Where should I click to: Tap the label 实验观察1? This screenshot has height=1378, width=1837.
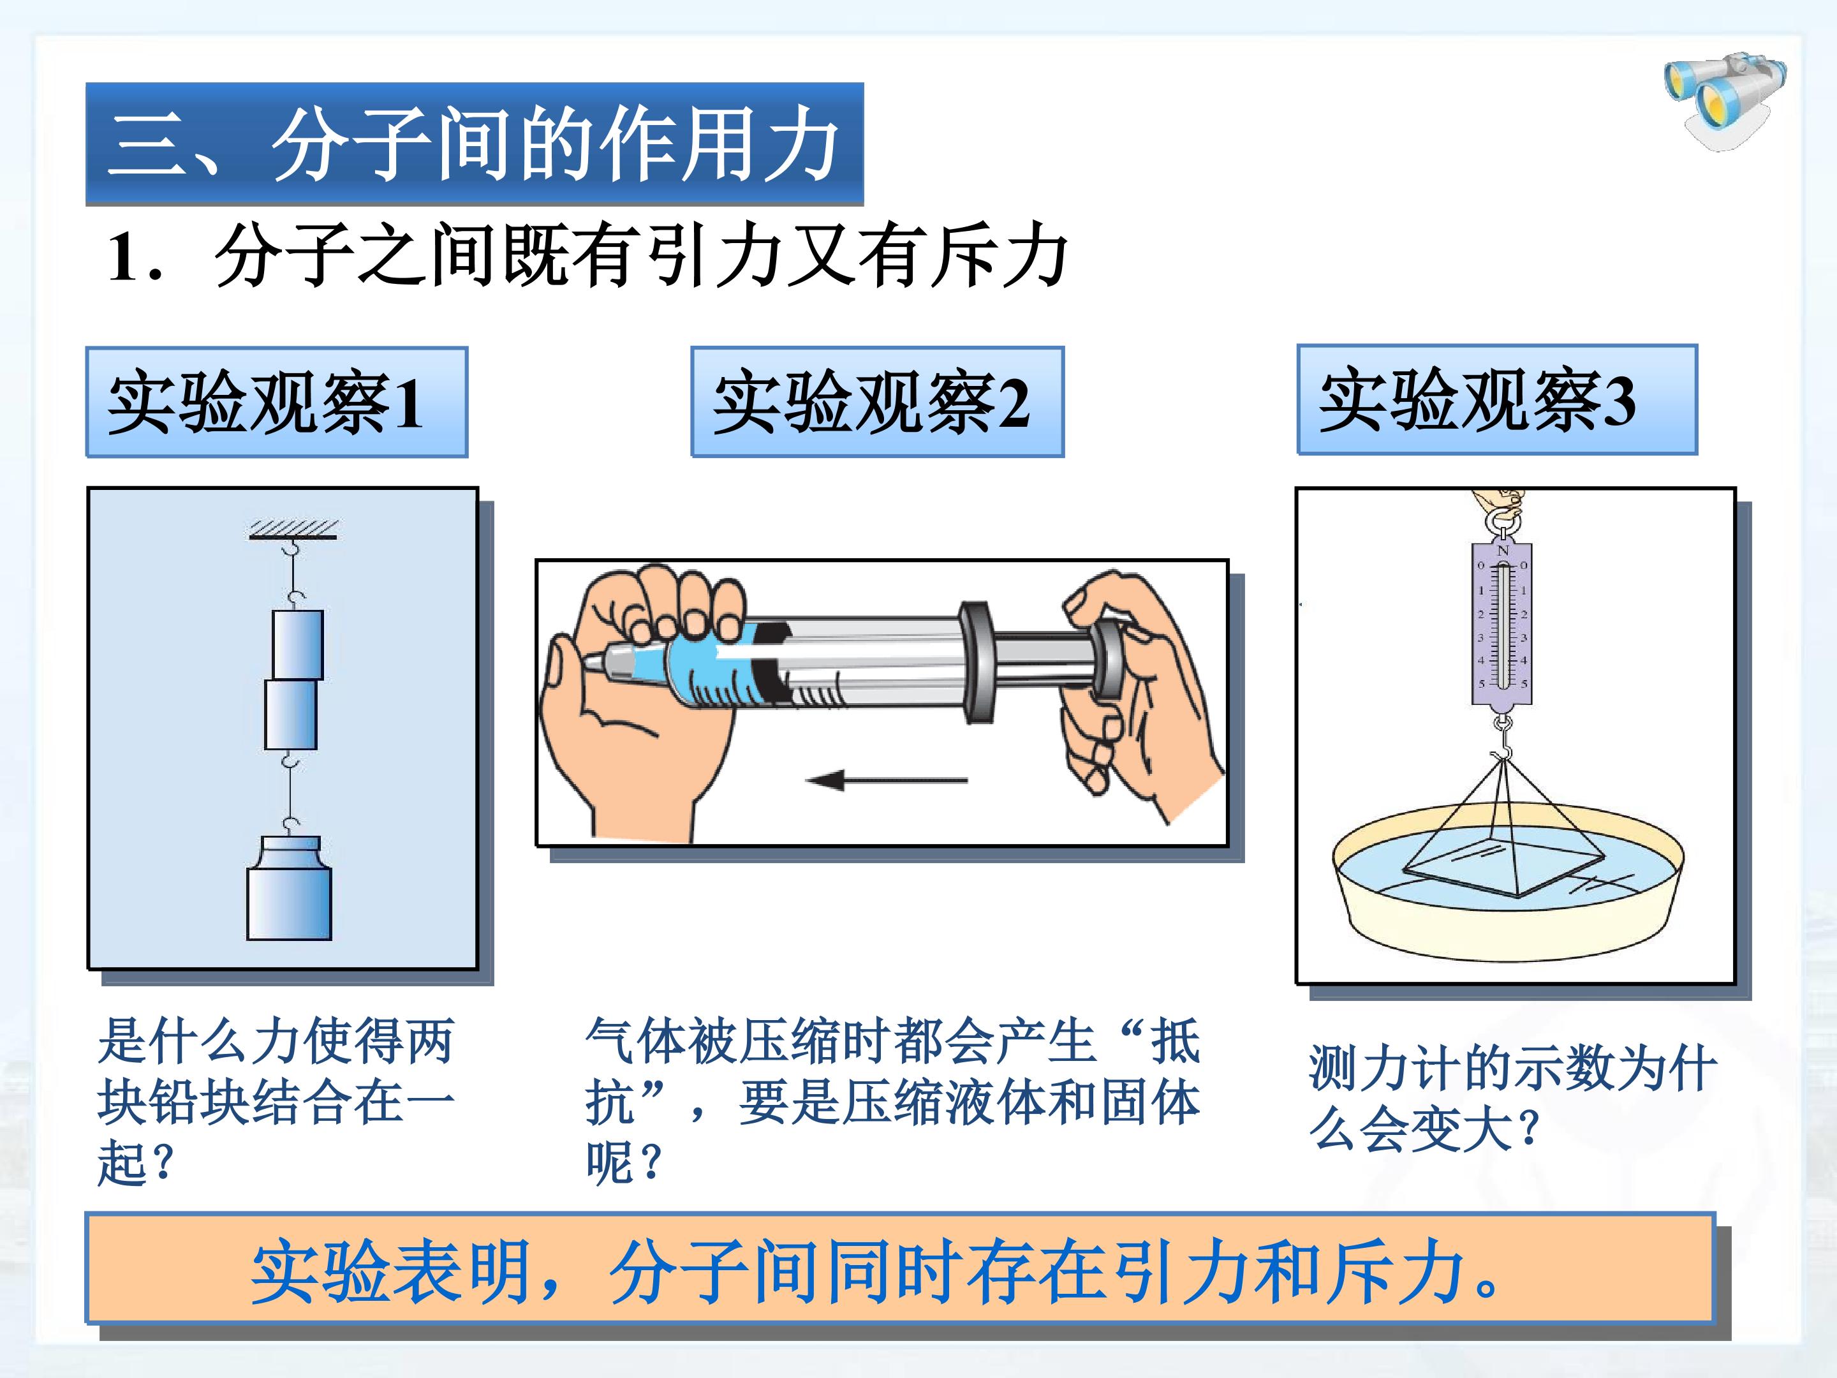(266, 403)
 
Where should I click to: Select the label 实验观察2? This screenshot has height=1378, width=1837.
(871, 403)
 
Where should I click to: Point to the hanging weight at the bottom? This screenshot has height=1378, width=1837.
(289, 887)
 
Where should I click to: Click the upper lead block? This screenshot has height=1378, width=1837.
(297, 644)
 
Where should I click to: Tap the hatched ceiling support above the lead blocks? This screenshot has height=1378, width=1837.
(293, 530)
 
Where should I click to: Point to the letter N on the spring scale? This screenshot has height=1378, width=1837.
(1502, 551)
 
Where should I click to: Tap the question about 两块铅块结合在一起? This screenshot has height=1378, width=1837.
(276, 1101)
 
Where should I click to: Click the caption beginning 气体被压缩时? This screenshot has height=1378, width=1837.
(893, 1101)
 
